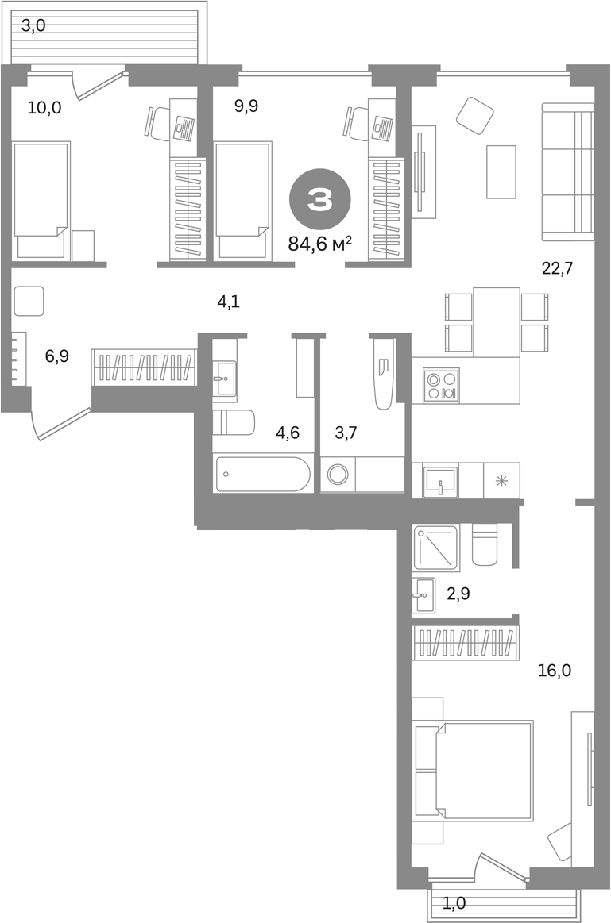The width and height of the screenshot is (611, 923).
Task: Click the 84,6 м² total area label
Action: click(x=320, y=243)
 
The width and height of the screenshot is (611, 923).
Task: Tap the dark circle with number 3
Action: click(x=320, y=199)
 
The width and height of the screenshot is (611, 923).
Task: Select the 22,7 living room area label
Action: click(x=557, y=268)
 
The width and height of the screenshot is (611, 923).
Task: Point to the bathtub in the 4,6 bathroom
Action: click(x=263, y=474)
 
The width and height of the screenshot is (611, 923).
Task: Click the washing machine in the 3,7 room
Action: click(x=338, y=474)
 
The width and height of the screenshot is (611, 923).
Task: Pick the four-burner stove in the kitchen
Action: click(x=441, y=386)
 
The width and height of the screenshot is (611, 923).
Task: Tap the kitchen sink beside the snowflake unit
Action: click(x=441, y=482)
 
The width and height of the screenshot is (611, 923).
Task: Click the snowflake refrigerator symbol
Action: click(x=501, y=482)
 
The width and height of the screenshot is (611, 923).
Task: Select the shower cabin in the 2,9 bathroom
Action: click(x=436, y=548)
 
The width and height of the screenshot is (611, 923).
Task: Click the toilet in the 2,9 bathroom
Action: click(x=485, y=544)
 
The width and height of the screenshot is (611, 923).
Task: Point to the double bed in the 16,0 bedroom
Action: click(x=474, y=771)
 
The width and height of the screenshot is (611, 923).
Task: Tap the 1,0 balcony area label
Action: click(x=453, y=902)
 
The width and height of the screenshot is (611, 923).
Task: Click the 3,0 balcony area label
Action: click(x=33, y=25)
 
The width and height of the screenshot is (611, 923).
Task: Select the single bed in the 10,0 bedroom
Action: click(x=41, y=200)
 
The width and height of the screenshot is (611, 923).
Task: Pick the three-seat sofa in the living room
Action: click(x=567, y=172)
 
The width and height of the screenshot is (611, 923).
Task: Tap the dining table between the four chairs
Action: click(x=497, y=322)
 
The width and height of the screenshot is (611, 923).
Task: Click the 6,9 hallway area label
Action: click(x=57, y=356)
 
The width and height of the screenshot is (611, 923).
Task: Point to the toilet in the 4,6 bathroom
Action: click(x=234, y=422)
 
